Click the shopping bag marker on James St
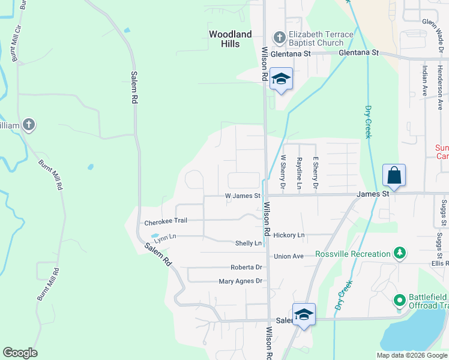(394, 176)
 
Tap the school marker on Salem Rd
(304, 315)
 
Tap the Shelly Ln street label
(249, 243)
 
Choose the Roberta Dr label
(246, 267)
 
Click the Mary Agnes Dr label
(241, 281)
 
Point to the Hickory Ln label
(289, 235)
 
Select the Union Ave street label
(289, 256)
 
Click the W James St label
(243, 196)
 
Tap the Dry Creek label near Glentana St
(368, 122)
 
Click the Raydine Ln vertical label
(299, 173)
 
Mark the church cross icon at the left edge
(28, 125)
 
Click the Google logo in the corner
(20, 353)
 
